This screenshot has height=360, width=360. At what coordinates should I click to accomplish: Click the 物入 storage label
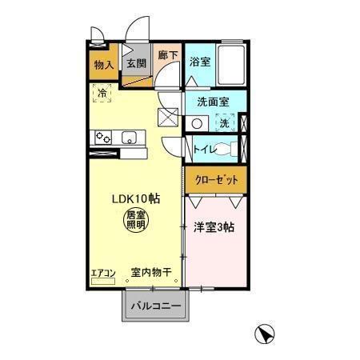[102, 64]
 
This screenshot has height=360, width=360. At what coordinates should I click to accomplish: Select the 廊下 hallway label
[167, 57]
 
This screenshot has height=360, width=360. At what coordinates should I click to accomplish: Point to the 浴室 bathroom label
[199, 62]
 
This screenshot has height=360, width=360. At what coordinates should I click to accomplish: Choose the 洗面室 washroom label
[214, 102]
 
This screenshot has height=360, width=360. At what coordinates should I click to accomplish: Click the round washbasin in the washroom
[198, 123]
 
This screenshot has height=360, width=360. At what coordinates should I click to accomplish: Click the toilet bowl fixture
[228, 148]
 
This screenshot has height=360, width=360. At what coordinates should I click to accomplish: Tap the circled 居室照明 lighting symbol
[134, 220]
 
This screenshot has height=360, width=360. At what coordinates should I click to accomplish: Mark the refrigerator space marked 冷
[102, 94]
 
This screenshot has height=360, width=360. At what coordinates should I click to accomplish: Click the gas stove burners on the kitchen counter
[103, 138]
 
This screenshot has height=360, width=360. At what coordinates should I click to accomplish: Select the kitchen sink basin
[129, 138]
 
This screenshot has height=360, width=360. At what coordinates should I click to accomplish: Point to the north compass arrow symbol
[265, 335]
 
